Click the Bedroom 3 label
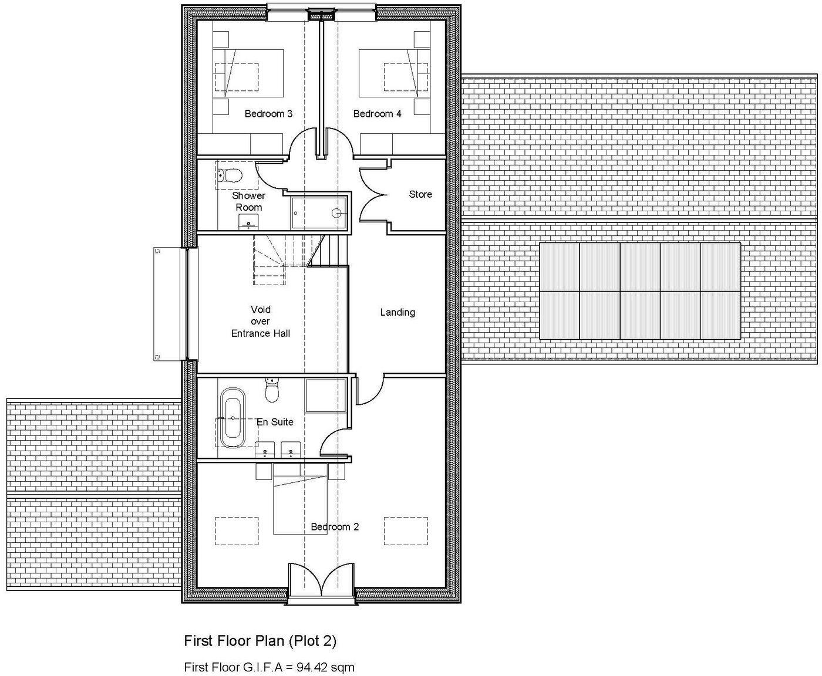point(268,114)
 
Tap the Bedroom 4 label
point(377,114)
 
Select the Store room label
point(420,194)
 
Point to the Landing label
point(397,312)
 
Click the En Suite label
point(275,422)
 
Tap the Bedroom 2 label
point(335,527)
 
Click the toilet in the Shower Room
point(230,175)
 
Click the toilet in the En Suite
point(272,391)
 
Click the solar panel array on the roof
point(639,291)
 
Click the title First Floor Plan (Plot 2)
point(260,641)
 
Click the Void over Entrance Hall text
point(261,322)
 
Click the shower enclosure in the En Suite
point(325,396)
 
